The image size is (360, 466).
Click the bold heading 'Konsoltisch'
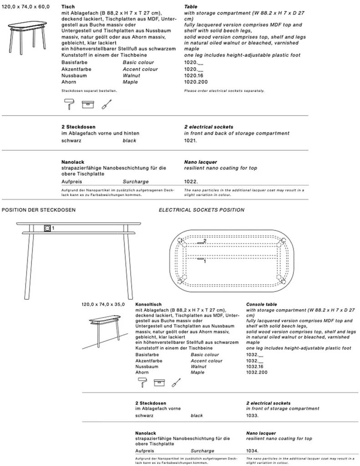point(149,304)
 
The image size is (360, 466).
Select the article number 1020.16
point(193,76)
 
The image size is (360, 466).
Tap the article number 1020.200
point(194,82)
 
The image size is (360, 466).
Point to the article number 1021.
point(191,141)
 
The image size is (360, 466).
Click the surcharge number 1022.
point(191,181)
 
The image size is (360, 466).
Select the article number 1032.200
point(257,372)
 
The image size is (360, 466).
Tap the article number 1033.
point(253,415)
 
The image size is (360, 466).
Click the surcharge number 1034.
point(253,451)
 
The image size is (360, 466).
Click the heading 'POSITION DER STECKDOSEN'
point(39,210)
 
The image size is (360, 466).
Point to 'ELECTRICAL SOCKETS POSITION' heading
point(201,210)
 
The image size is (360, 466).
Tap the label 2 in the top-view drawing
point(205,240)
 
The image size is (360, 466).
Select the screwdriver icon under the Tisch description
point(106,104)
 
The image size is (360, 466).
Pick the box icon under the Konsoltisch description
point(158,383)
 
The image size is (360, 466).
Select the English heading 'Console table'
point(262,304)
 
